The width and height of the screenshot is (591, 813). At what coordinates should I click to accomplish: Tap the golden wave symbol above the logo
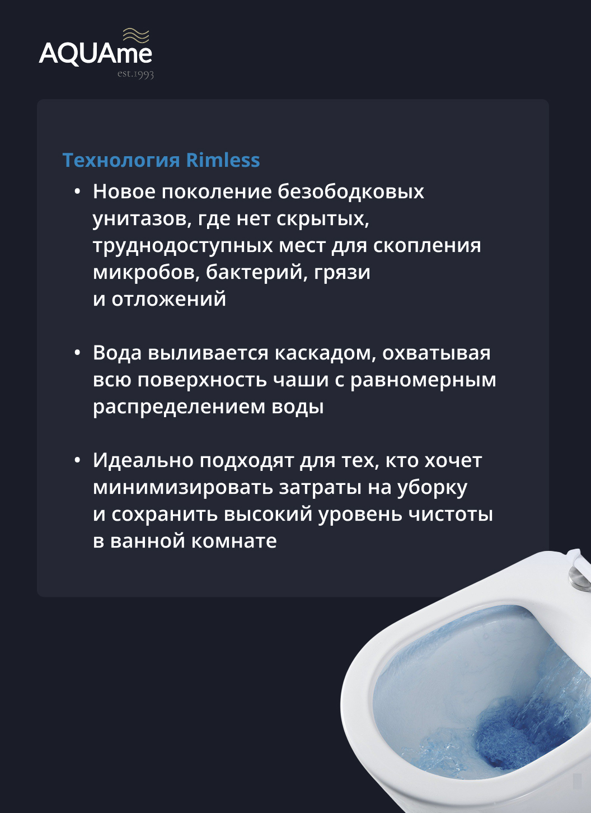(136, 36)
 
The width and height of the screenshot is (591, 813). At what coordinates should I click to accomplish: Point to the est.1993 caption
(135, 74)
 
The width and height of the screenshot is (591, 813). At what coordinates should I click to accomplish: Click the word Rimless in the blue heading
(223, 160)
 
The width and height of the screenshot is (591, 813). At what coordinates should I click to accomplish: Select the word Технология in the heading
(121, 161)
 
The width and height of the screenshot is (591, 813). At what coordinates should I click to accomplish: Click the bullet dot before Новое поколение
(77, 191)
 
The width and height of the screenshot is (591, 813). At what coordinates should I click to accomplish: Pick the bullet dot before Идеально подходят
(77, 460)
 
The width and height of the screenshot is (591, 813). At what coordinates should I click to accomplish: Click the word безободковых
(351, 191)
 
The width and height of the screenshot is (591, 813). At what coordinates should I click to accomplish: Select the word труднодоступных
(183, 246)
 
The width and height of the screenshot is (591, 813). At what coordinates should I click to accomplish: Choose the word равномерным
(423, 381)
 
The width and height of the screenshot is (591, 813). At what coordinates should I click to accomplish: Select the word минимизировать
(183, 488)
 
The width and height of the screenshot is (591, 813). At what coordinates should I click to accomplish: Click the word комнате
(233, 541)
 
